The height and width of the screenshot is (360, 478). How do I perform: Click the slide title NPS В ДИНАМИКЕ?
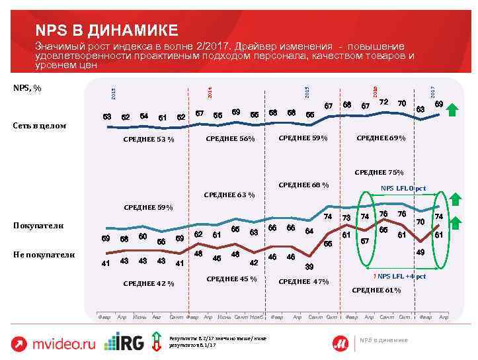(106, 30)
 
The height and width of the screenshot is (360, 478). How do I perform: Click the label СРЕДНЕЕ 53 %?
(149, 140)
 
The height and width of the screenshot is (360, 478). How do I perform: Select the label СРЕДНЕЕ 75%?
(379, 172)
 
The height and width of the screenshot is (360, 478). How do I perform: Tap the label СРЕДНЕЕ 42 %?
(149, 284)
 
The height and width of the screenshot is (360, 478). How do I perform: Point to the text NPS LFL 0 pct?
(404, 189)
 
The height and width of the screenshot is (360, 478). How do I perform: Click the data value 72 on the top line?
(383, 102)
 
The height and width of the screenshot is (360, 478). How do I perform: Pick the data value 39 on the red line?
(309, 267)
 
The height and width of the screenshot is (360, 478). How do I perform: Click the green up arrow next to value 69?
(454, 109)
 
